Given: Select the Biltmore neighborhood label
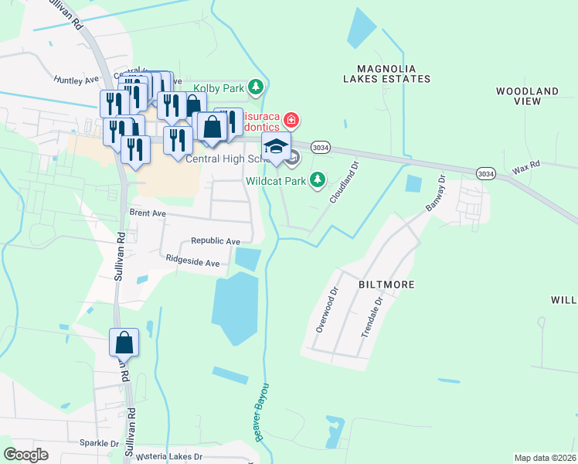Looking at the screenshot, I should point(386,285).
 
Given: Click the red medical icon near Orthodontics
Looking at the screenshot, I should point(291,120).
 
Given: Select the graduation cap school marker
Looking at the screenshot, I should point(276,145).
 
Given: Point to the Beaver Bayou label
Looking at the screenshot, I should point(262,411).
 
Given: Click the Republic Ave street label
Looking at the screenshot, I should point(216,241).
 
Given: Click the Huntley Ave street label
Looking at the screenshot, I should point(76,79).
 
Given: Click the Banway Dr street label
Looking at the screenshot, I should point(436,193).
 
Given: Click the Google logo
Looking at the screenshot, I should point(26,455).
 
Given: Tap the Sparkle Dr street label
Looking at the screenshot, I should point(99,444).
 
